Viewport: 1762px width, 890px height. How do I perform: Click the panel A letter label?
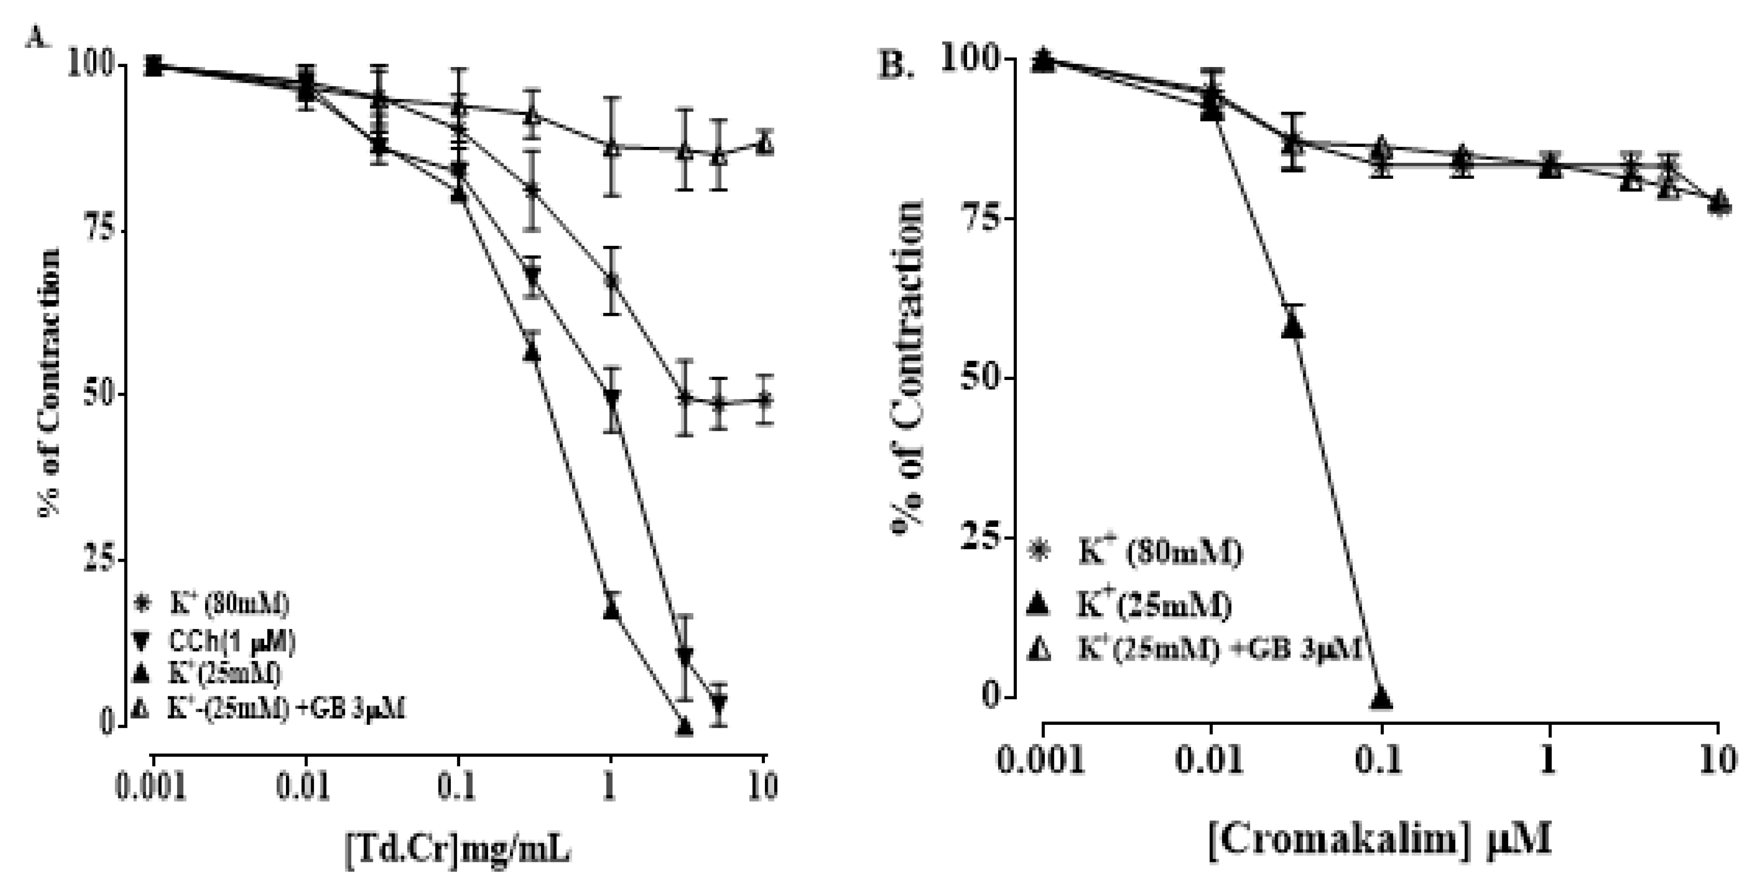pos(37,37)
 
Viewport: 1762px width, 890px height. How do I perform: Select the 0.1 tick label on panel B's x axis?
pos(1380,760)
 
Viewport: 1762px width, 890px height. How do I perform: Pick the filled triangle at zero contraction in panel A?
pos(684,725)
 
